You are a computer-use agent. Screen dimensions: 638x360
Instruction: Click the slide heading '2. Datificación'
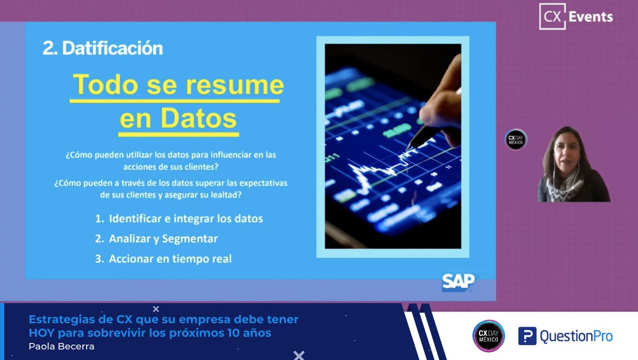pyautogui.click(x=103, y=48)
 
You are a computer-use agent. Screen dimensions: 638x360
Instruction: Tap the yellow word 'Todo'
pyautogui.click(x=105, y=85)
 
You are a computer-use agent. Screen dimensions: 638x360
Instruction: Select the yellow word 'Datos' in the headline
pyautogui.click(x=198, y=118)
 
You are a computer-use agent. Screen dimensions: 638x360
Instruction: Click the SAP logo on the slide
pyautogui.click(x=458, y=282)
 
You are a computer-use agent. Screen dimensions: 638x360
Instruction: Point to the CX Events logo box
pyautogui.click(x=552, y=16)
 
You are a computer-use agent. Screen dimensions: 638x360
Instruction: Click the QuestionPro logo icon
pyautogui.click(x=527, y=336)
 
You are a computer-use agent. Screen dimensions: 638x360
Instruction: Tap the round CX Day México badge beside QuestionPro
pyautogui.click(x=489, y=336)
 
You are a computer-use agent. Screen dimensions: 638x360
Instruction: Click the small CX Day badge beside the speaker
pyautogui.click(x=516, y=139)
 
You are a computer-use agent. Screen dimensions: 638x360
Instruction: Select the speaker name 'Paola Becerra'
pyautogui.click(x=62, y=346)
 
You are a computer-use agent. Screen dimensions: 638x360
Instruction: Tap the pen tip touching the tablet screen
pyautogui.click(x=408, y=149)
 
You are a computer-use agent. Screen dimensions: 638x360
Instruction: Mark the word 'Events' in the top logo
pyautogui.click(x=591, y=17)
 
